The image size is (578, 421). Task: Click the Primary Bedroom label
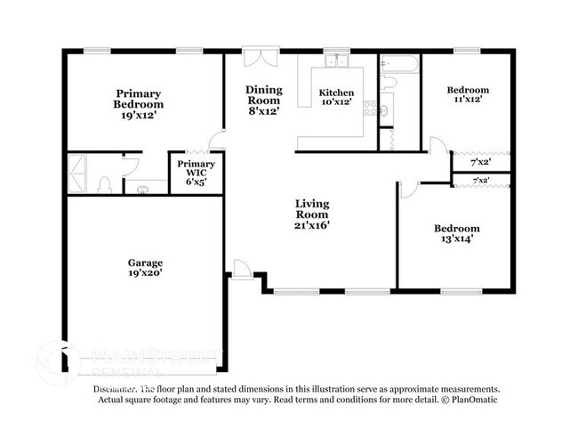tap(137, 104)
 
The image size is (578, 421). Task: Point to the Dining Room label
tap(264, 101)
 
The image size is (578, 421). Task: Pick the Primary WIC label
tap(196, 171)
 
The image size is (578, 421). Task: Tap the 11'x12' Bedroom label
tap(467, 96)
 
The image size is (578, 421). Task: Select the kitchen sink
tap(336, 61)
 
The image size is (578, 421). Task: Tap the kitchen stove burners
tap(384, 109)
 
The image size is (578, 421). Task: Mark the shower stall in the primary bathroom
tap(76, 173)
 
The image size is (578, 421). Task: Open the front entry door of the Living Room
tap(240, 269)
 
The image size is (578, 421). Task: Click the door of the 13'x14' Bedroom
tap(408, 188)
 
